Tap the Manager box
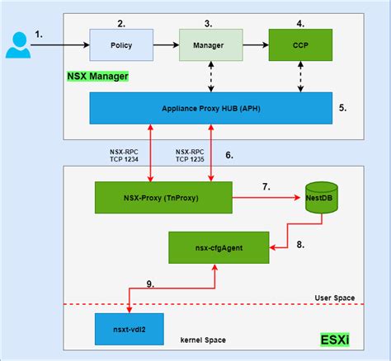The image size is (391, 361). click(x=210, y=45)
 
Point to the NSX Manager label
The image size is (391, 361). click(x=97, y=76)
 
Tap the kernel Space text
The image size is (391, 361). click(x=203, y=339)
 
